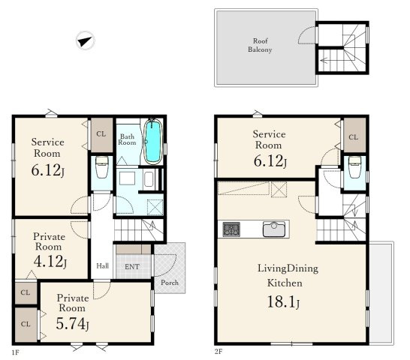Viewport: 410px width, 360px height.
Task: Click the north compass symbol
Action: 85,40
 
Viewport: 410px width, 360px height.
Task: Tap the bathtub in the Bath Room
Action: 152,141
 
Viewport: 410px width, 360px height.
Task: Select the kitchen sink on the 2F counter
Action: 274,229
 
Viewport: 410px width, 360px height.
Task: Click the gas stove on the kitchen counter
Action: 231,229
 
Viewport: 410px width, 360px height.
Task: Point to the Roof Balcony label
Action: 260,45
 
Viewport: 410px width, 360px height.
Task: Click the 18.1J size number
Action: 283,301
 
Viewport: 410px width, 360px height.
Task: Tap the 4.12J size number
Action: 50,261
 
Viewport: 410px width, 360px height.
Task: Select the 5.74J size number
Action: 72,323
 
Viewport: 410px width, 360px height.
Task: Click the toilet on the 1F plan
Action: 101,167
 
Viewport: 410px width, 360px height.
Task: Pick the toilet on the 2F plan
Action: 355,167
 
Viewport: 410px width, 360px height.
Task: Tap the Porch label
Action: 170,283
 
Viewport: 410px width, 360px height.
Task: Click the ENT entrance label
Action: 132,267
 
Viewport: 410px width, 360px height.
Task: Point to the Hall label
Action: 102,266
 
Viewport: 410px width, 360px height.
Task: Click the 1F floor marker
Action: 16,352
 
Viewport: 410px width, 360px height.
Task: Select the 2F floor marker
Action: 219,352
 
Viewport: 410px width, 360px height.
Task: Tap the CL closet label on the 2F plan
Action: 353,137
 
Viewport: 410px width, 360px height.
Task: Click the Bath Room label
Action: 127,139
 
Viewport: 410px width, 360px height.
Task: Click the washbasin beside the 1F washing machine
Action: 149,179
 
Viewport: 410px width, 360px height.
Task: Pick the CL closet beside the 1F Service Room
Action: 101,135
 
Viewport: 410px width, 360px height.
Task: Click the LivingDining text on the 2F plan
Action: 288,268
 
